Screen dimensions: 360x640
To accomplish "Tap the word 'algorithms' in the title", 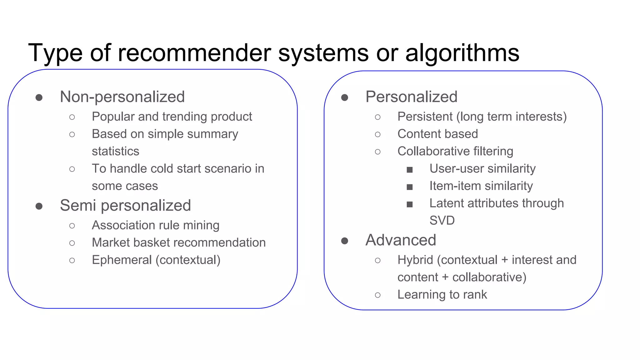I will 462,53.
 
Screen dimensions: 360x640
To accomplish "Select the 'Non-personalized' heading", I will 122,97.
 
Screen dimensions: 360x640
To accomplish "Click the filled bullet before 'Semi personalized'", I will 39,206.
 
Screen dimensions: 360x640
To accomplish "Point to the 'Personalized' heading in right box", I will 411,97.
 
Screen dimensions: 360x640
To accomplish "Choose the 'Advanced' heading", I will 401,240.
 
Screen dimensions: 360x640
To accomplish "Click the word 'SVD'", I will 442,221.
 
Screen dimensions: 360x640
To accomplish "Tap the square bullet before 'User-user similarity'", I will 410,170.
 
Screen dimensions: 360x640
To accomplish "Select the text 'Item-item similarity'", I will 481,186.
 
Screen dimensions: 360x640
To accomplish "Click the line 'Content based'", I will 437,134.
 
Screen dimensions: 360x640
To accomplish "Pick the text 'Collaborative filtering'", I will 455,151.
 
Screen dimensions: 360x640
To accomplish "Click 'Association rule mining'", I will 156,225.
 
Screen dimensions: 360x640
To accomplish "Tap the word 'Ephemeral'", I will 122,260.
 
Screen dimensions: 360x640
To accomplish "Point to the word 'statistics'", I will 115,151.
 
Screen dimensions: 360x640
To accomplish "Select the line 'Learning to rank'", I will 442,295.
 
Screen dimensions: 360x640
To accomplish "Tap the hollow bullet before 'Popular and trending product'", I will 72,117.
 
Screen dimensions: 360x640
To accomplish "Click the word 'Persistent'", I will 425,117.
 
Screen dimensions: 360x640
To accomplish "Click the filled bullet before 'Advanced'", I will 345,241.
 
